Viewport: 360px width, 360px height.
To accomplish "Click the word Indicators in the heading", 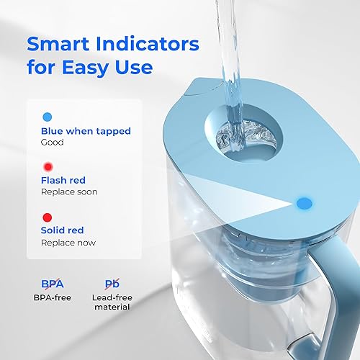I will point(148,44).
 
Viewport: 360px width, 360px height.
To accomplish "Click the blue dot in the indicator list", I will point(48,116).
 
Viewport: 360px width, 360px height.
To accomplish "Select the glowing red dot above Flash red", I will point(48,166).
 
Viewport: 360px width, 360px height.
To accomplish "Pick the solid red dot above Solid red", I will point(48,217).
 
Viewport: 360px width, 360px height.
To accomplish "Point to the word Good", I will point(53,143).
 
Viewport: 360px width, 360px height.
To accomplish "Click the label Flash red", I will point(63,180).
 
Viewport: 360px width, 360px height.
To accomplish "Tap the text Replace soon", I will point(69,192).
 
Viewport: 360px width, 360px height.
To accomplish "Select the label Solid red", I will point(63,230).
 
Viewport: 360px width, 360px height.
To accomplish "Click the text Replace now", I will point(68,243).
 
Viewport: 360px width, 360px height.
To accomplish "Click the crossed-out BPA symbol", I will point(53,284).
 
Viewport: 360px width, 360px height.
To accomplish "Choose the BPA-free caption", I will point(53,297).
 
